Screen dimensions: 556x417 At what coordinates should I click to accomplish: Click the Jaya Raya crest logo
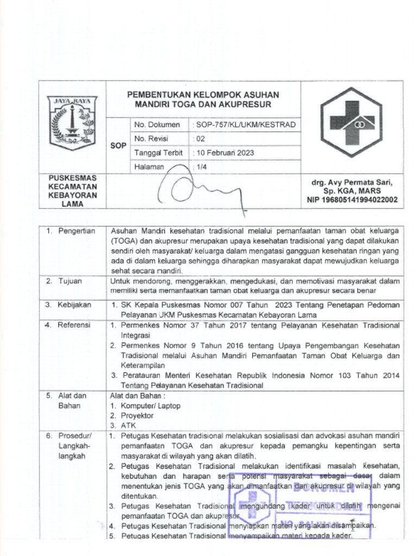(x=72, y=123)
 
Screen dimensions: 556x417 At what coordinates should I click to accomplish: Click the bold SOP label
(x=118, y=146)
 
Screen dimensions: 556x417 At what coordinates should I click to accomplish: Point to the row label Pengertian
(x=77, y=231)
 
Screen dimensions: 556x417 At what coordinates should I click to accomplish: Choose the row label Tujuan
(x=71, y=281)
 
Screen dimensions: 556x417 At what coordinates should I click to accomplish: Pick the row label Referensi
(x=74, y=325)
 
